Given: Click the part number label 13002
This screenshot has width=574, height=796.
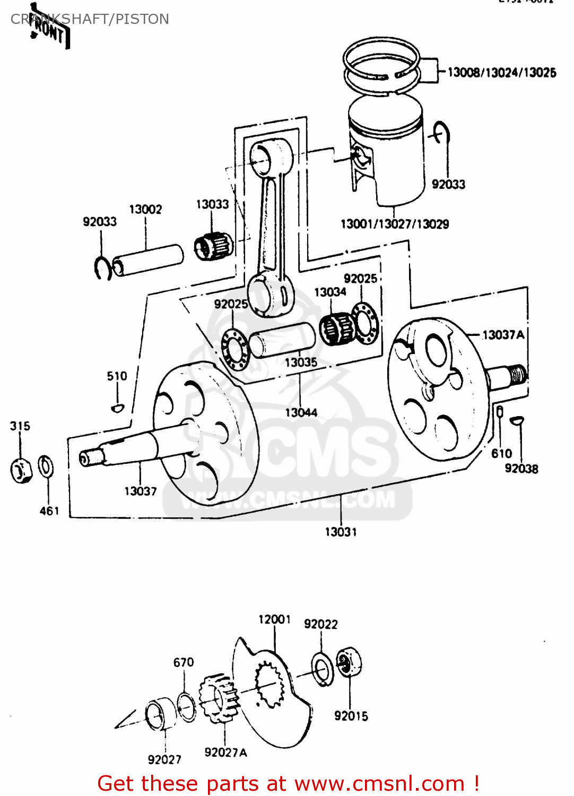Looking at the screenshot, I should (145, 209).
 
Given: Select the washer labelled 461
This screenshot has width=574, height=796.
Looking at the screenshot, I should (46, 466).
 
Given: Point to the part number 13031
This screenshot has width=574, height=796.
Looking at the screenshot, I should (341, 532).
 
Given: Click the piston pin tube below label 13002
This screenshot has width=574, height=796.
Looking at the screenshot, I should (149, 259).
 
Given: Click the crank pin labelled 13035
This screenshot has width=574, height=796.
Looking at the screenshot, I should (282, 340).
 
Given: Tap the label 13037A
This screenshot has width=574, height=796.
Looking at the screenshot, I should (503, 335).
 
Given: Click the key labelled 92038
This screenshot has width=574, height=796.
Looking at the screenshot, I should (516, 420).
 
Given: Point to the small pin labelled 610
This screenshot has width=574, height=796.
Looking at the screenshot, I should (499, 411).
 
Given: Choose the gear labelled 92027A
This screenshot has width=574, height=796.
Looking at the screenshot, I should (216, 698).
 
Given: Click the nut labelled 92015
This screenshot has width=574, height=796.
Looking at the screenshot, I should (349, 661).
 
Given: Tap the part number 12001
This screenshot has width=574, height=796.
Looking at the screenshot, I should (274, 619).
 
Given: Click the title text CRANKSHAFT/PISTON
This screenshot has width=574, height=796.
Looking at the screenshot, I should (90, 19).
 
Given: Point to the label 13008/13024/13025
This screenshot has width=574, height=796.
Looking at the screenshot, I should (502, 73).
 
